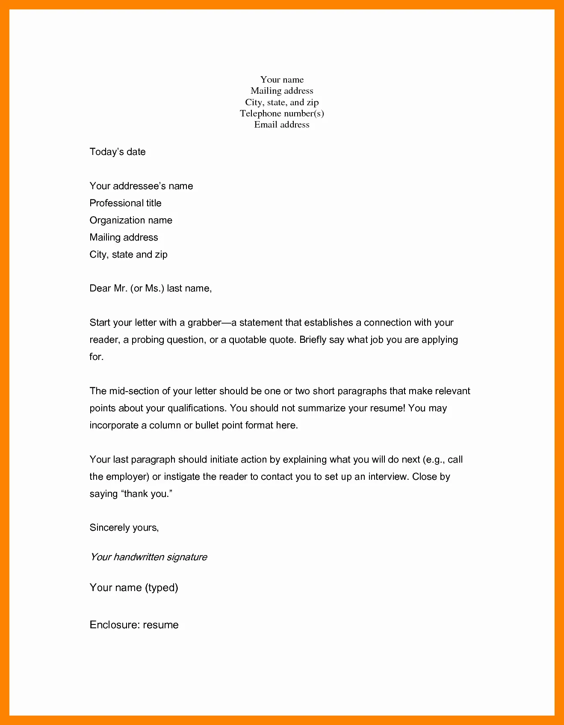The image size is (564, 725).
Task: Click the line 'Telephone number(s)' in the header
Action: pos(282,113)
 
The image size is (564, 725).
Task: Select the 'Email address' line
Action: pos(282,125)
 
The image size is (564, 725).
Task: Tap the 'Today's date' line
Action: pos(118,152)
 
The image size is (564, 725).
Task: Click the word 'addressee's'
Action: pos(140,186)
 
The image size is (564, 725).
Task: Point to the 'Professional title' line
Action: pos(125,203)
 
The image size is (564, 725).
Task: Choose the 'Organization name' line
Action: pos(131,220)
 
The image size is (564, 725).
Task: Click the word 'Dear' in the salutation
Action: pos(100,288)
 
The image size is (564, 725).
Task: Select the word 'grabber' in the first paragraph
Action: pos(204,323)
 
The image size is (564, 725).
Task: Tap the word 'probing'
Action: pos(148,340)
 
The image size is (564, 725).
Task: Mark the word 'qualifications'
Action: pos(196,408)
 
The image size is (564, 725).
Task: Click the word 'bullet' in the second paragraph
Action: pos(207,425)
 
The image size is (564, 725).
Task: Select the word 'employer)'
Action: pos(127,477)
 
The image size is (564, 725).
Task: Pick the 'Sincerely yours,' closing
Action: pos(124,528)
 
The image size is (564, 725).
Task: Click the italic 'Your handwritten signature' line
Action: pos(148,557)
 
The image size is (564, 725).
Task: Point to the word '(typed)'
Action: pos(162,588)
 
